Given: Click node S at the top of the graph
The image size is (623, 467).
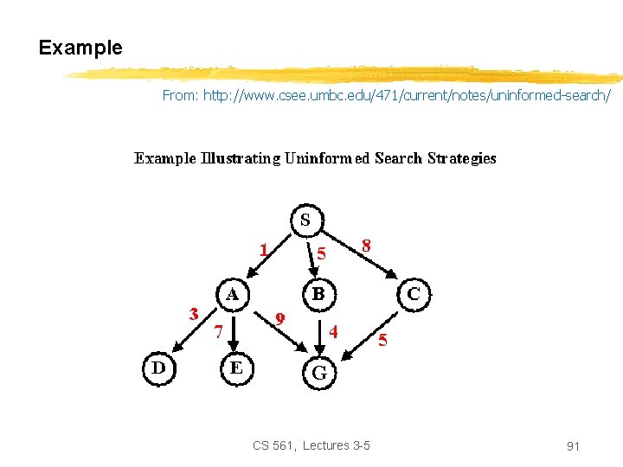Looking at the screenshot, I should click(305, 220).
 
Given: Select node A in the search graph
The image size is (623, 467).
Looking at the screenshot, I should click(233, 293).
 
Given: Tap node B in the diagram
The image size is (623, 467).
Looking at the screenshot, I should click(318, 293).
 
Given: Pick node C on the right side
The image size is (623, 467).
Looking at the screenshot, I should click(414, 293).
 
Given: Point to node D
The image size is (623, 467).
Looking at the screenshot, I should click(159, 367).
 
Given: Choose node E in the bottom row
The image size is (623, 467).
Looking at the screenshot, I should click(236, 368).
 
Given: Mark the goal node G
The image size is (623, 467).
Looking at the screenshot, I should click(318, 373).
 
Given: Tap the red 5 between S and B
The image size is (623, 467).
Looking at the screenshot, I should click(321, 254).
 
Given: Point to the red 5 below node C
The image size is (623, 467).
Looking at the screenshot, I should click(383, 340).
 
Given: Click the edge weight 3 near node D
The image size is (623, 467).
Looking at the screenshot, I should click(194, 312).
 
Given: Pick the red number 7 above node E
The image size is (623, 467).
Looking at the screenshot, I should click(219, 330).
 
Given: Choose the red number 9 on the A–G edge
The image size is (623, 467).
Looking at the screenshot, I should click(279, 317).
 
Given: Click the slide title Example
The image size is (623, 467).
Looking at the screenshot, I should click(80, 48).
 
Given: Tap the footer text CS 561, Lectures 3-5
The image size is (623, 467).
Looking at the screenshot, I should click(311, 445).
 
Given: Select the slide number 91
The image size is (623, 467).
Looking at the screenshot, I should click(572, 446).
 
